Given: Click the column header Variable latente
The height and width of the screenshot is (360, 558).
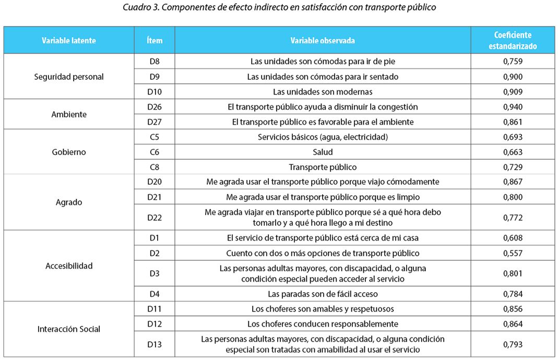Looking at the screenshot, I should click(x=68, y=40).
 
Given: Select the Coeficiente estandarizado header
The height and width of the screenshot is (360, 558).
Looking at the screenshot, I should click(x=513, y=40).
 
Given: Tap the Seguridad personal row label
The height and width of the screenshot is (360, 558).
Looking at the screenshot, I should click(x=68, y=77).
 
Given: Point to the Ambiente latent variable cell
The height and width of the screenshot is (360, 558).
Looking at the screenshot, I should click(x=68, y=114).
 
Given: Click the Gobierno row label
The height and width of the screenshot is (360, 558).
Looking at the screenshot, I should click(x=68, y=152).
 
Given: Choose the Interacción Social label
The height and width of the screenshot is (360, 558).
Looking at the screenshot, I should click(x=68, y=329).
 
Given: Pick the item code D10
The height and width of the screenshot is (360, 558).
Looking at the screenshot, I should click(x=155, y=92).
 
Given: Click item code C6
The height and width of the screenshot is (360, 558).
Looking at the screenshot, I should click(x=155, y=152).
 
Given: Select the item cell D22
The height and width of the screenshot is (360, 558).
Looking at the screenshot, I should click(x=155, y=218).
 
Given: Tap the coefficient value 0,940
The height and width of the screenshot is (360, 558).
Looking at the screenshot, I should click(x=513, y=107).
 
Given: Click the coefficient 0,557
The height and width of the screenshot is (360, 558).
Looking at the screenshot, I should click(x=513, y=253).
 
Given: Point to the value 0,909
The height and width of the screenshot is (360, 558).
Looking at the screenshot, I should click(x=513, y=92).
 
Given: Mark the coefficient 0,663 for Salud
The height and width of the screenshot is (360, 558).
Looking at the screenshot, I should click(x=513, y=152).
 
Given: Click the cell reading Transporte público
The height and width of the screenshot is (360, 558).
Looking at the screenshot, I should click(x=323, y=167).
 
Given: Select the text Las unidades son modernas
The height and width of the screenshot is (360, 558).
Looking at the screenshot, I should click(x=323, y=92).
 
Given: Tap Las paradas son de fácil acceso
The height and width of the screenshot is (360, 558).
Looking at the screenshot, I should click(x=323, y=294).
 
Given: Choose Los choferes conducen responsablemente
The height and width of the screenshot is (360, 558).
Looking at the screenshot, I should click(x=323, y=324).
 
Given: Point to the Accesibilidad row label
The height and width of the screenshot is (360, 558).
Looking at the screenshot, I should click(x=68, y=266).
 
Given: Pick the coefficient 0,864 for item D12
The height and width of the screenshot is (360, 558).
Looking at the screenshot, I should click(x=513, y=324).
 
